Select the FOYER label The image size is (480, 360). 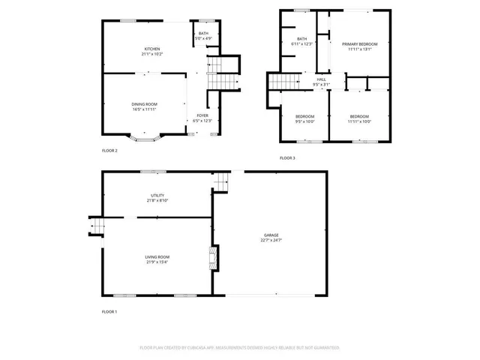(x=202, y=115)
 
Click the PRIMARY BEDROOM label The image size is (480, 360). (x=355, y=44)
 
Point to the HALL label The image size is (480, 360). (x=321, y=79)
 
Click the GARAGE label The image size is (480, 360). (x=271, y=235)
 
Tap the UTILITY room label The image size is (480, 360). (x=157, y=196)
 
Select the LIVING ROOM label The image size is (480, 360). (x=157, y=257)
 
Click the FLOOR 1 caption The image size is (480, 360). (x=109, y=311)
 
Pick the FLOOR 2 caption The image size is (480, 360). (x=109, y=151)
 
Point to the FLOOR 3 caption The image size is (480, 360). (x=287, y=158)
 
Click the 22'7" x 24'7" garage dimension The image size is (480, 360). (x=271, y=240)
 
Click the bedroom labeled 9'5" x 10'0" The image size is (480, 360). (x=304, y=118)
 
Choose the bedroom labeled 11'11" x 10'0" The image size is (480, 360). (x=359, y=118)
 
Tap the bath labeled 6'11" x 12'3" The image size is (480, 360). (x=301, y=41)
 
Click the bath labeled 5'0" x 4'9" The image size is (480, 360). (x=203, y=35)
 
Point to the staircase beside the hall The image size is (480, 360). (x=281, y=80)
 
